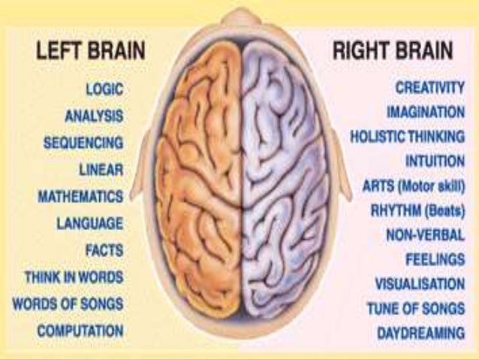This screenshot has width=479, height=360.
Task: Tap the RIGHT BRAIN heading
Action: pos(393,52)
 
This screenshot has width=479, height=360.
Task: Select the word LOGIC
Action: pos(104,89)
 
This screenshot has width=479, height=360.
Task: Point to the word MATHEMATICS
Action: pos(80,196)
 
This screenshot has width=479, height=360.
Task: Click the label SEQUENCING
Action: pos(83,142)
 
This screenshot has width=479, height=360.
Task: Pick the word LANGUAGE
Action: pos(89,223)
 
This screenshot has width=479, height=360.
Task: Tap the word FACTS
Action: pos(104,250)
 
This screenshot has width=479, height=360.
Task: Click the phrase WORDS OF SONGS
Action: pos(68,304)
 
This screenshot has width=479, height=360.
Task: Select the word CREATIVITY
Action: pos(430,89)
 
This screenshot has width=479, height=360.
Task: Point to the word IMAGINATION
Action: pos(426,112)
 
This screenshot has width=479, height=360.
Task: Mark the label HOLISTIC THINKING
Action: pos(407,137)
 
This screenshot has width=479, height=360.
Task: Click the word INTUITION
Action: pos(435,161)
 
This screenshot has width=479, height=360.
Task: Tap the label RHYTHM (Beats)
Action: pos(416,211)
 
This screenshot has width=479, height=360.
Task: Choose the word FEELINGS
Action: pos(435,259)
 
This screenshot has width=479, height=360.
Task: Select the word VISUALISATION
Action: pos(420,283)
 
